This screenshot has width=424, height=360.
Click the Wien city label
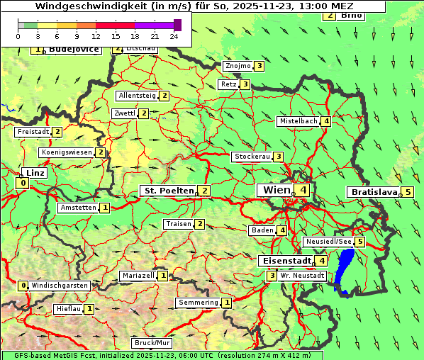coord(277,190)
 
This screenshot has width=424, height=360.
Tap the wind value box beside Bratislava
coord(408,192)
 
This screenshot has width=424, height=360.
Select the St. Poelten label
coord(168,191)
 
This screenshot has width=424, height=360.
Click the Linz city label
coord(33,173)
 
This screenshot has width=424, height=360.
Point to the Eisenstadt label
coord(285,261)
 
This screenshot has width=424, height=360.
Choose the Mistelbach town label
coord(298,121)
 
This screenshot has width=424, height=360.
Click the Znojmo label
coord(238,66)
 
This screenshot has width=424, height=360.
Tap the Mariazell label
coord(138,276)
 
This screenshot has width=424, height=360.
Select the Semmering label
coord(198,303)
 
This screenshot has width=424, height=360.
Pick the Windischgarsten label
coord(60,286)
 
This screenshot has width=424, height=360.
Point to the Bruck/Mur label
coord(152,343)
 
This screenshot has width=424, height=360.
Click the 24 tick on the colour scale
coord(174,36)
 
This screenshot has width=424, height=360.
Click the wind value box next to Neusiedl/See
coord(360,242)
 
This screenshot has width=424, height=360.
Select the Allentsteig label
coord(138,96)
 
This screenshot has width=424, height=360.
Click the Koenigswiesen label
coord(67,152)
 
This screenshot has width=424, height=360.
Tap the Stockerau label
coord(252,157)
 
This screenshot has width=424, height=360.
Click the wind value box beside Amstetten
coord(105,208)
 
